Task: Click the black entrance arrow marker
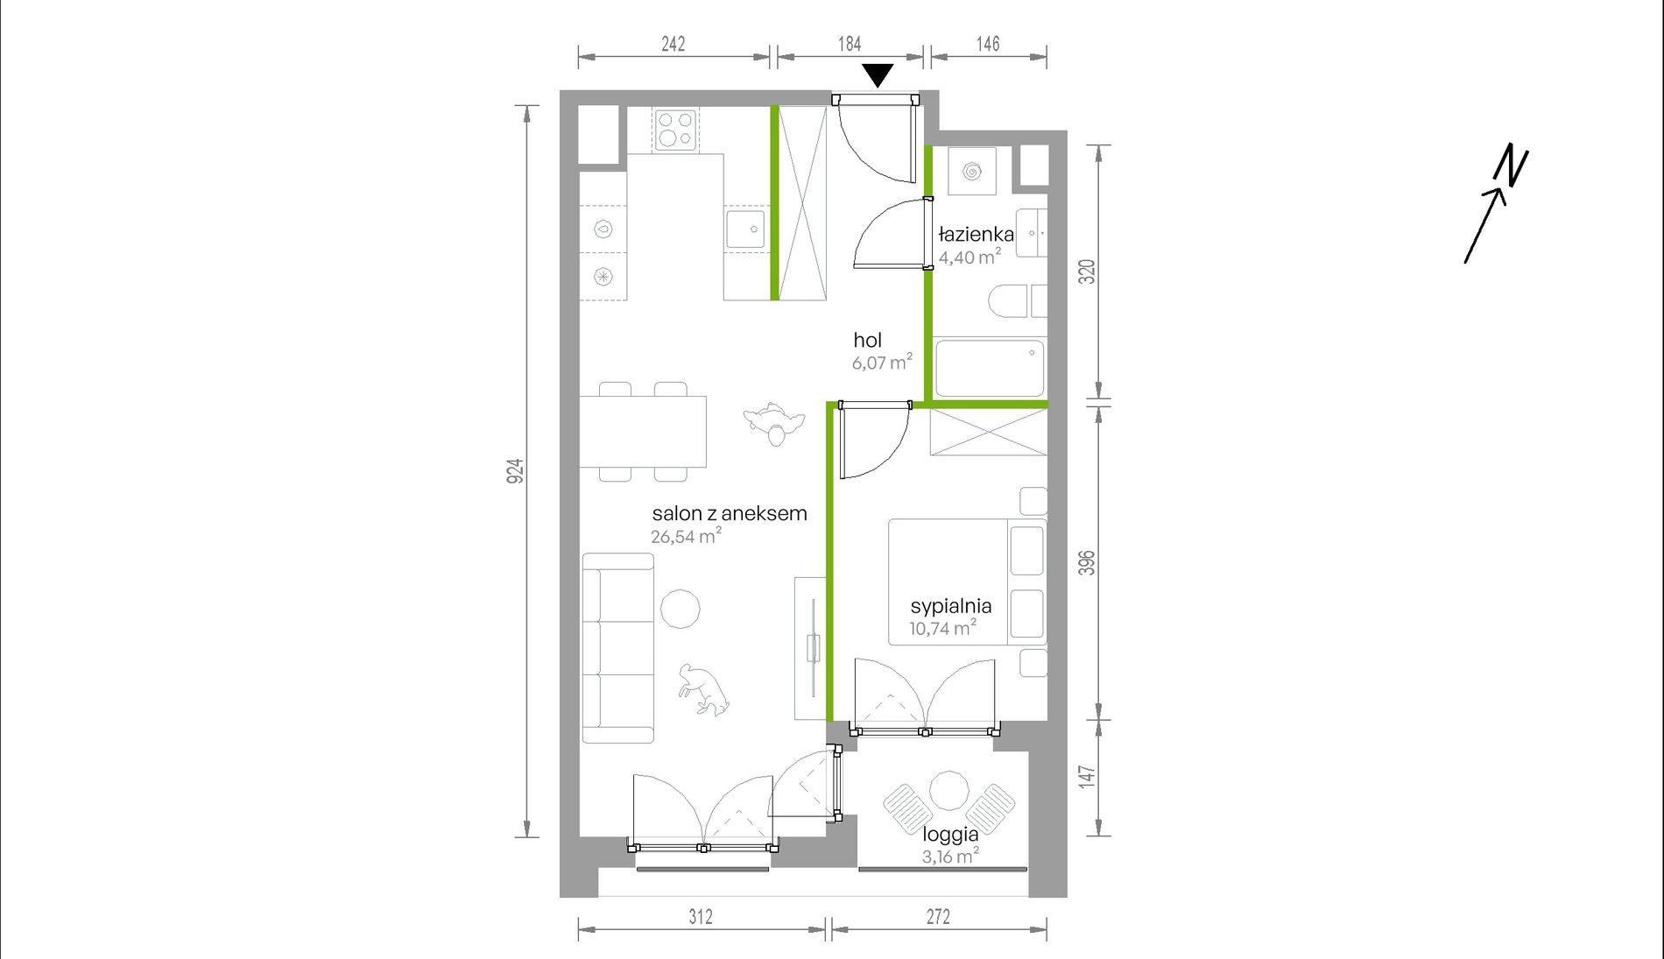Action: (x=878, y=74)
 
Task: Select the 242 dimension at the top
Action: (x=673, y=44)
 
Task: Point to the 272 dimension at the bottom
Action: (x=938, y=916)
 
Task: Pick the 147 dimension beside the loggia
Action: (x=1087, y=777)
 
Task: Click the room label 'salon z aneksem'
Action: (x=730, y=514)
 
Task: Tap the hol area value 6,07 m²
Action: (x=882, y=362)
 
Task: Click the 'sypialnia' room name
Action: (x=951, y=606)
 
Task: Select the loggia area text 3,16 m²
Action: (x=950, y=856)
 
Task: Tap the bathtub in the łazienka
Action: (x=989, y=368)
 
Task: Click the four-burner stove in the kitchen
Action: (x=675, y=130)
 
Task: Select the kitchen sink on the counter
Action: (x=745, y=229)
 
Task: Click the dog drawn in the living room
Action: (x=704, y=689)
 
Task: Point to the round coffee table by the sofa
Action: (x=680, y=609)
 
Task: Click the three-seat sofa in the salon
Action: (x=618, y=648)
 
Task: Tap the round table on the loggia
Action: (x=948, y=791)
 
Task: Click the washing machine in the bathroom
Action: (x=971, y=171)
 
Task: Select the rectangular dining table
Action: (x=643, y=431)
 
